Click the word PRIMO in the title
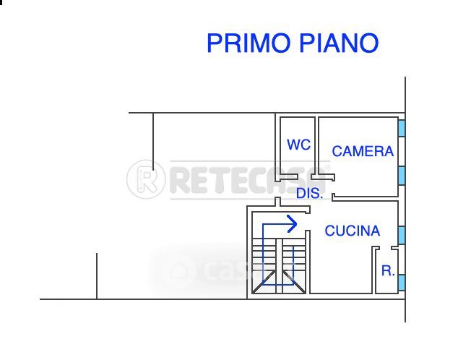click(246, 43)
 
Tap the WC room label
click(298, 145)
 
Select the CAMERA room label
click(363, 151)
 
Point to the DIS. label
click(309, 194)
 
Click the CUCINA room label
click(352, 231)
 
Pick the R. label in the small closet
click(388, 271)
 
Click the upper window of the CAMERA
click(402, 128)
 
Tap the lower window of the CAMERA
click(402, 175)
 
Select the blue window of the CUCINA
click(402, 234)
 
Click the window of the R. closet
click(402, 282)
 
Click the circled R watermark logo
click(147, 179)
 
